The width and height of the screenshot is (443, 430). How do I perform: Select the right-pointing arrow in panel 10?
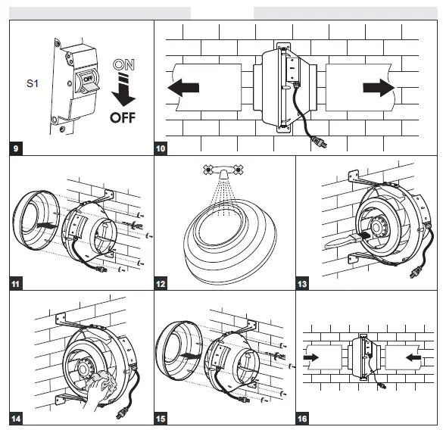coord(378,88)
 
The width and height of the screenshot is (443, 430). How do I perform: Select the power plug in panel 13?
coord(415,273)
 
